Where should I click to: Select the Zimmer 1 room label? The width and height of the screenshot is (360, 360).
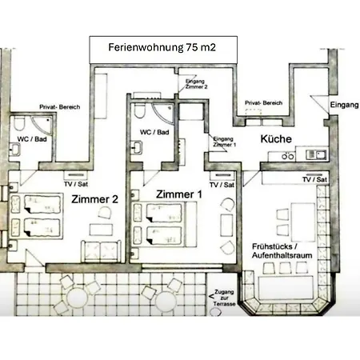tap(178, 194)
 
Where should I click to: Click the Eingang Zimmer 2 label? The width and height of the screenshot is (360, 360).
tap(197, 84)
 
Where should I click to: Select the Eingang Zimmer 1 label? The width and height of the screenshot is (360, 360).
tap(226, 142)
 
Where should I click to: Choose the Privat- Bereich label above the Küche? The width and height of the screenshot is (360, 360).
tap(263, 104)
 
